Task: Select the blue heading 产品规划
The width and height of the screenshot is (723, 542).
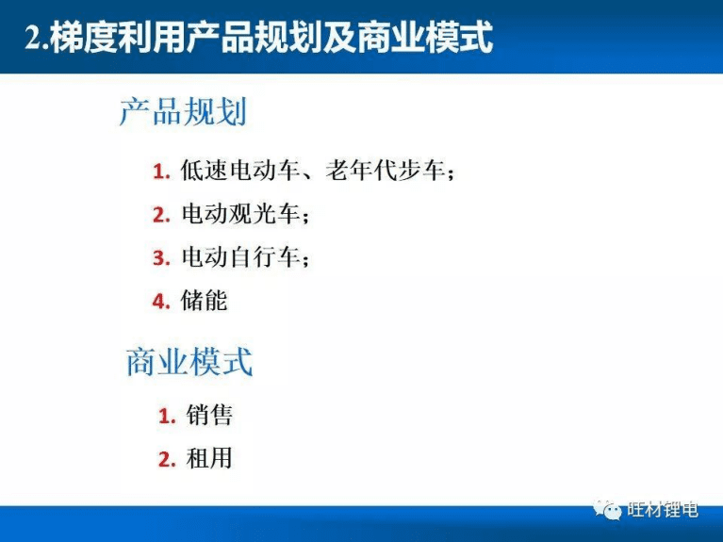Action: (183, 113)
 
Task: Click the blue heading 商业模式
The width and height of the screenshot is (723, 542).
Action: (189, 362)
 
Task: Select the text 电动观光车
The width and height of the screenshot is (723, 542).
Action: (239, 215)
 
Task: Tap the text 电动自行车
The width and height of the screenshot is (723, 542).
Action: (239, 257)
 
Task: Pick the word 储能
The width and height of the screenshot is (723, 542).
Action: (204, 301)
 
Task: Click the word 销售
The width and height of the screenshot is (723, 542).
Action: (209, 415)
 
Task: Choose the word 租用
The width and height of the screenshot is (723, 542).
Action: (209, 459)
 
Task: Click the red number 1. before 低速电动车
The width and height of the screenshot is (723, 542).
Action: (160, 172)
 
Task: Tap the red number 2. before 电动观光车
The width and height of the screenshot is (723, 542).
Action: (160, 216)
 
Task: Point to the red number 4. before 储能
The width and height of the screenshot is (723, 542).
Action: (160, 302)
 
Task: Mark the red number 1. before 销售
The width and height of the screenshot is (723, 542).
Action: (167, 416)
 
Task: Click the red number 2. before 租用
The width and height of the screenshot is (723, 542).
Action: (167, 460)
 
